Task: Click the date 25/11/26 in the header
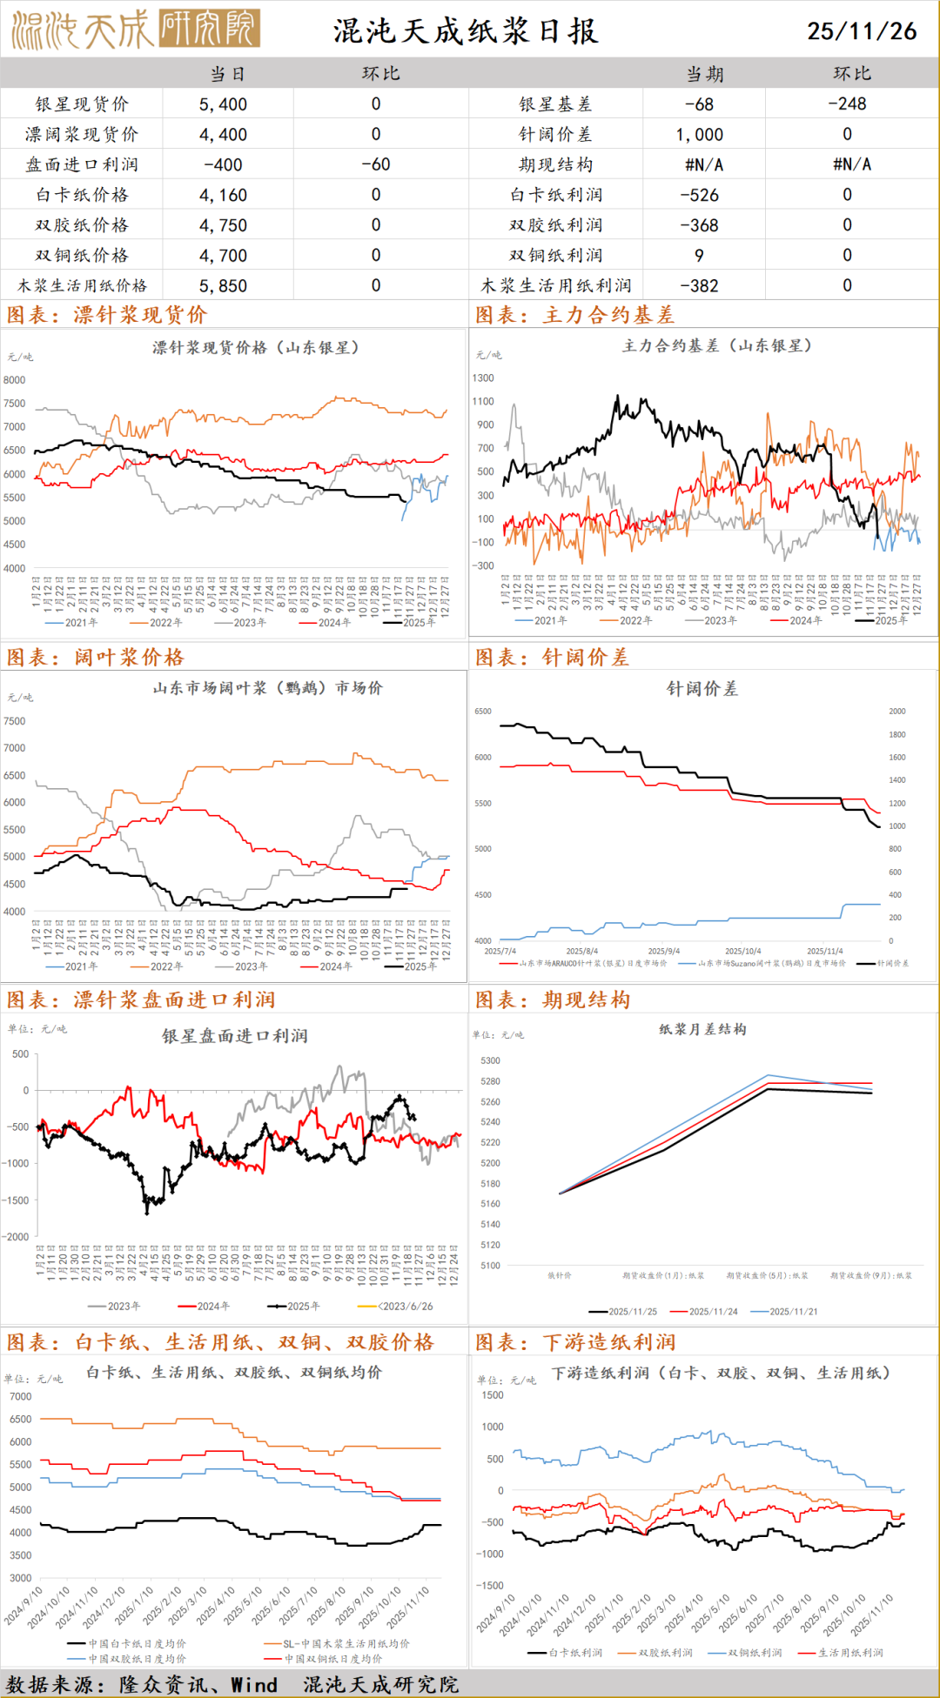tap(861, 31)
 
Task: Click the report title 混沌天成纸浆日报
tap(466, 31)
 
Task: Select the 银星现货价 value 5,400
tap(223, 104)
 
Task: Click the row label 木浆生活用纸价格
tap(82, 285)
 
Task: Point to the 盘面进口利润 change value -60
tap(375, 164)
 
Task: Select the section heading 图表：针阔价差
tap(552, 657)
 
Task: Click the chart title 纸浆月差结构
tap(702, 1029)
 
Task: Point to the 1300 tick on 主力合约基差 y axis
tap(483, 378)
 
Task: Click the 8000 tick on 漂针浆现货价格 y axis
tap(14, 380)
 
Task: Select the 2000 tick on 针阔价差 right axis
tap(897, 712)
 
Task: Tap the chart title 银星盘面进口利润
tap(234, 1036)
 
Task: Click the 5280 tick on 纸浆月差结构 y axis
tap(490, 1081)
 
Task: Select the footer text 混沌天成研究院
tap(380, 1685)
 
